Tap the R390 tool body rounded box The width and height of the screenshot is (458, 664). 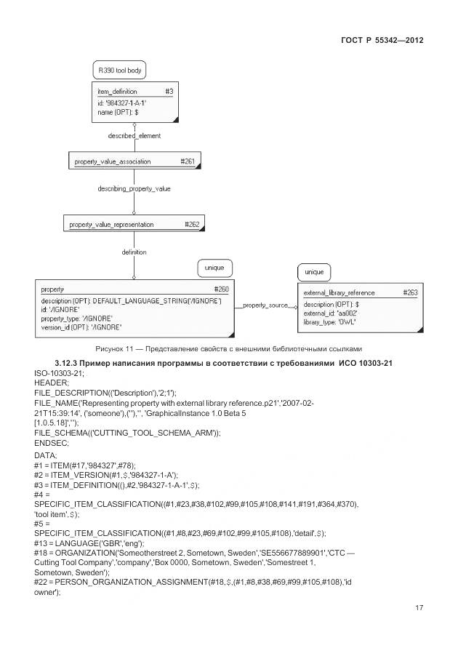[x=120, y=71]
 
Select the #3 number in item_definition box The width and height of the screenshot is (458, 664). [x=168, y=92]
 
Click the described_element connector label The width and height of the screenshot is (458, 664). [x=134, y=136]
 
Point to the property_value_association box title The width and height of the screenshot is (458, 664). [x=113, y=161]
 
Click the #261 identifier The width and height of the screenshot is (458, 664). [x=187, y=161]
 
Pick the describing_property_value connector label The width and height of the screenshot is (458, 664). [x=134, y=189]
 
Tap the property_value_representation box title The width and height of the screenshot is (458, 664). [x=112, y=225]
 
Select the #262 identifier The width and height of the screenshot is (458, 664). [x=192, y=225]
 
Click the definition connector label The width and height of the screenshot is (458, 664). [x=134, y=252]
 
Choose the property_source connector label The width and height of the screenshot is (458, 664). [x=265, y=305]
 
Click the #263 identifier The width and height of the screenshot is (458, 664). [x=411, y=292]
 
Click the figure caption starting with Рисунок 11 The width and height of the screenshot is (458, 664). [x=228, y=348]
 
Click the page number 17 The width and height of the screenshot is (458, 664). [x=419, y=608]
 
